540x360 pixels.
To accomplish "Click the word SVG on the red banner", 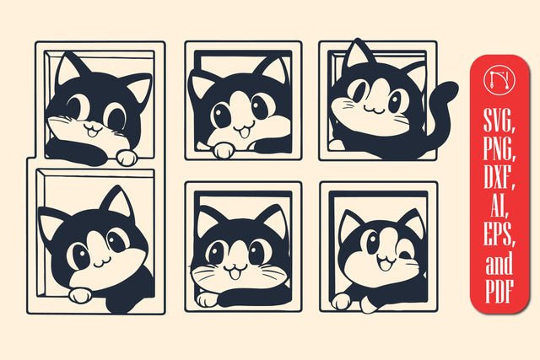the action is coord(499,121).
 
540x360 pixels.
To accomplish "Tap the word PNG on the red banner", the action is coord(499,148).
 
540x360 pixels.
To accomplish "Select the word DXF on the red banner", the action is coord(499,177).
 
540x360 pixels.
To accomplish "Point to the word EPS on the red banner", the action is coord(499,234).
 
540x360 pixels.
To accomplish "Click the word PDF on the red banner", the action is coord(499,291).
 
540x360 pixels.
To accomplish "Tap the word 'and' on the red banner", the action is coord(499,262).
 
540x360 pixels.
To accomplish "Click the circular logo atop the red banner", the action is coord(499,80).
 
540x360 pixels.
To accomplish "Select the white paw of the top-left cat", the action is coord(127,158).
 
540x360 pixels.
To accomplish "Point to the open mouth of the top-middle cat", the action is coord(244,132).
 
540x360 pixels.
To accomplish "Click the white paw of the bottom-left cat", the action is coord(80,295).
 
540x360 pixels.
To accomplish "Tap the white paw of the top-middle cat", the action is coord(224,150).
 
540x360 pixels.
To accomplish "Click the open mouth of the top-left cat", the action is coord(92,131).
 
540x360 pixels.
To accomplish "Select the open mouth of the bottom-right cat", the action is coord(386,263).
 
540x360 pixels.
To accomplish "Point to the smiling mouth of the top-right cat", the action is coord(375,110).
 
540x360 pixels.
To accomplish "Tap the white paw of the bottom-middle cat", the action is coord(207,300).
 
